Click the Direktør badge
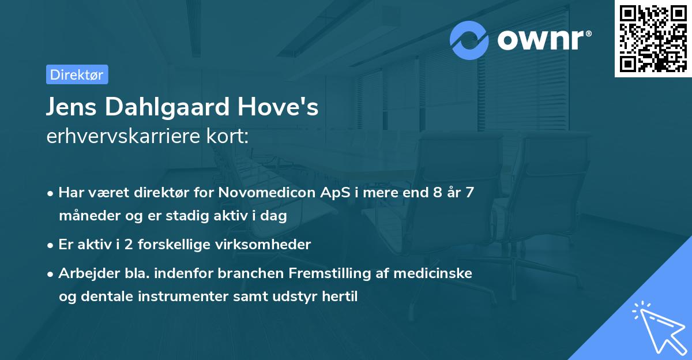(x=77, y=74)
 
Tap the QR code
(x=653, y=39)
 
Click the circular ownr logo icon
(x=469, y=40)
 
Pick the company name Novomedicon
(x=265, y=192)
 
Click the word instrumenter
(x=168, y=297)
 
